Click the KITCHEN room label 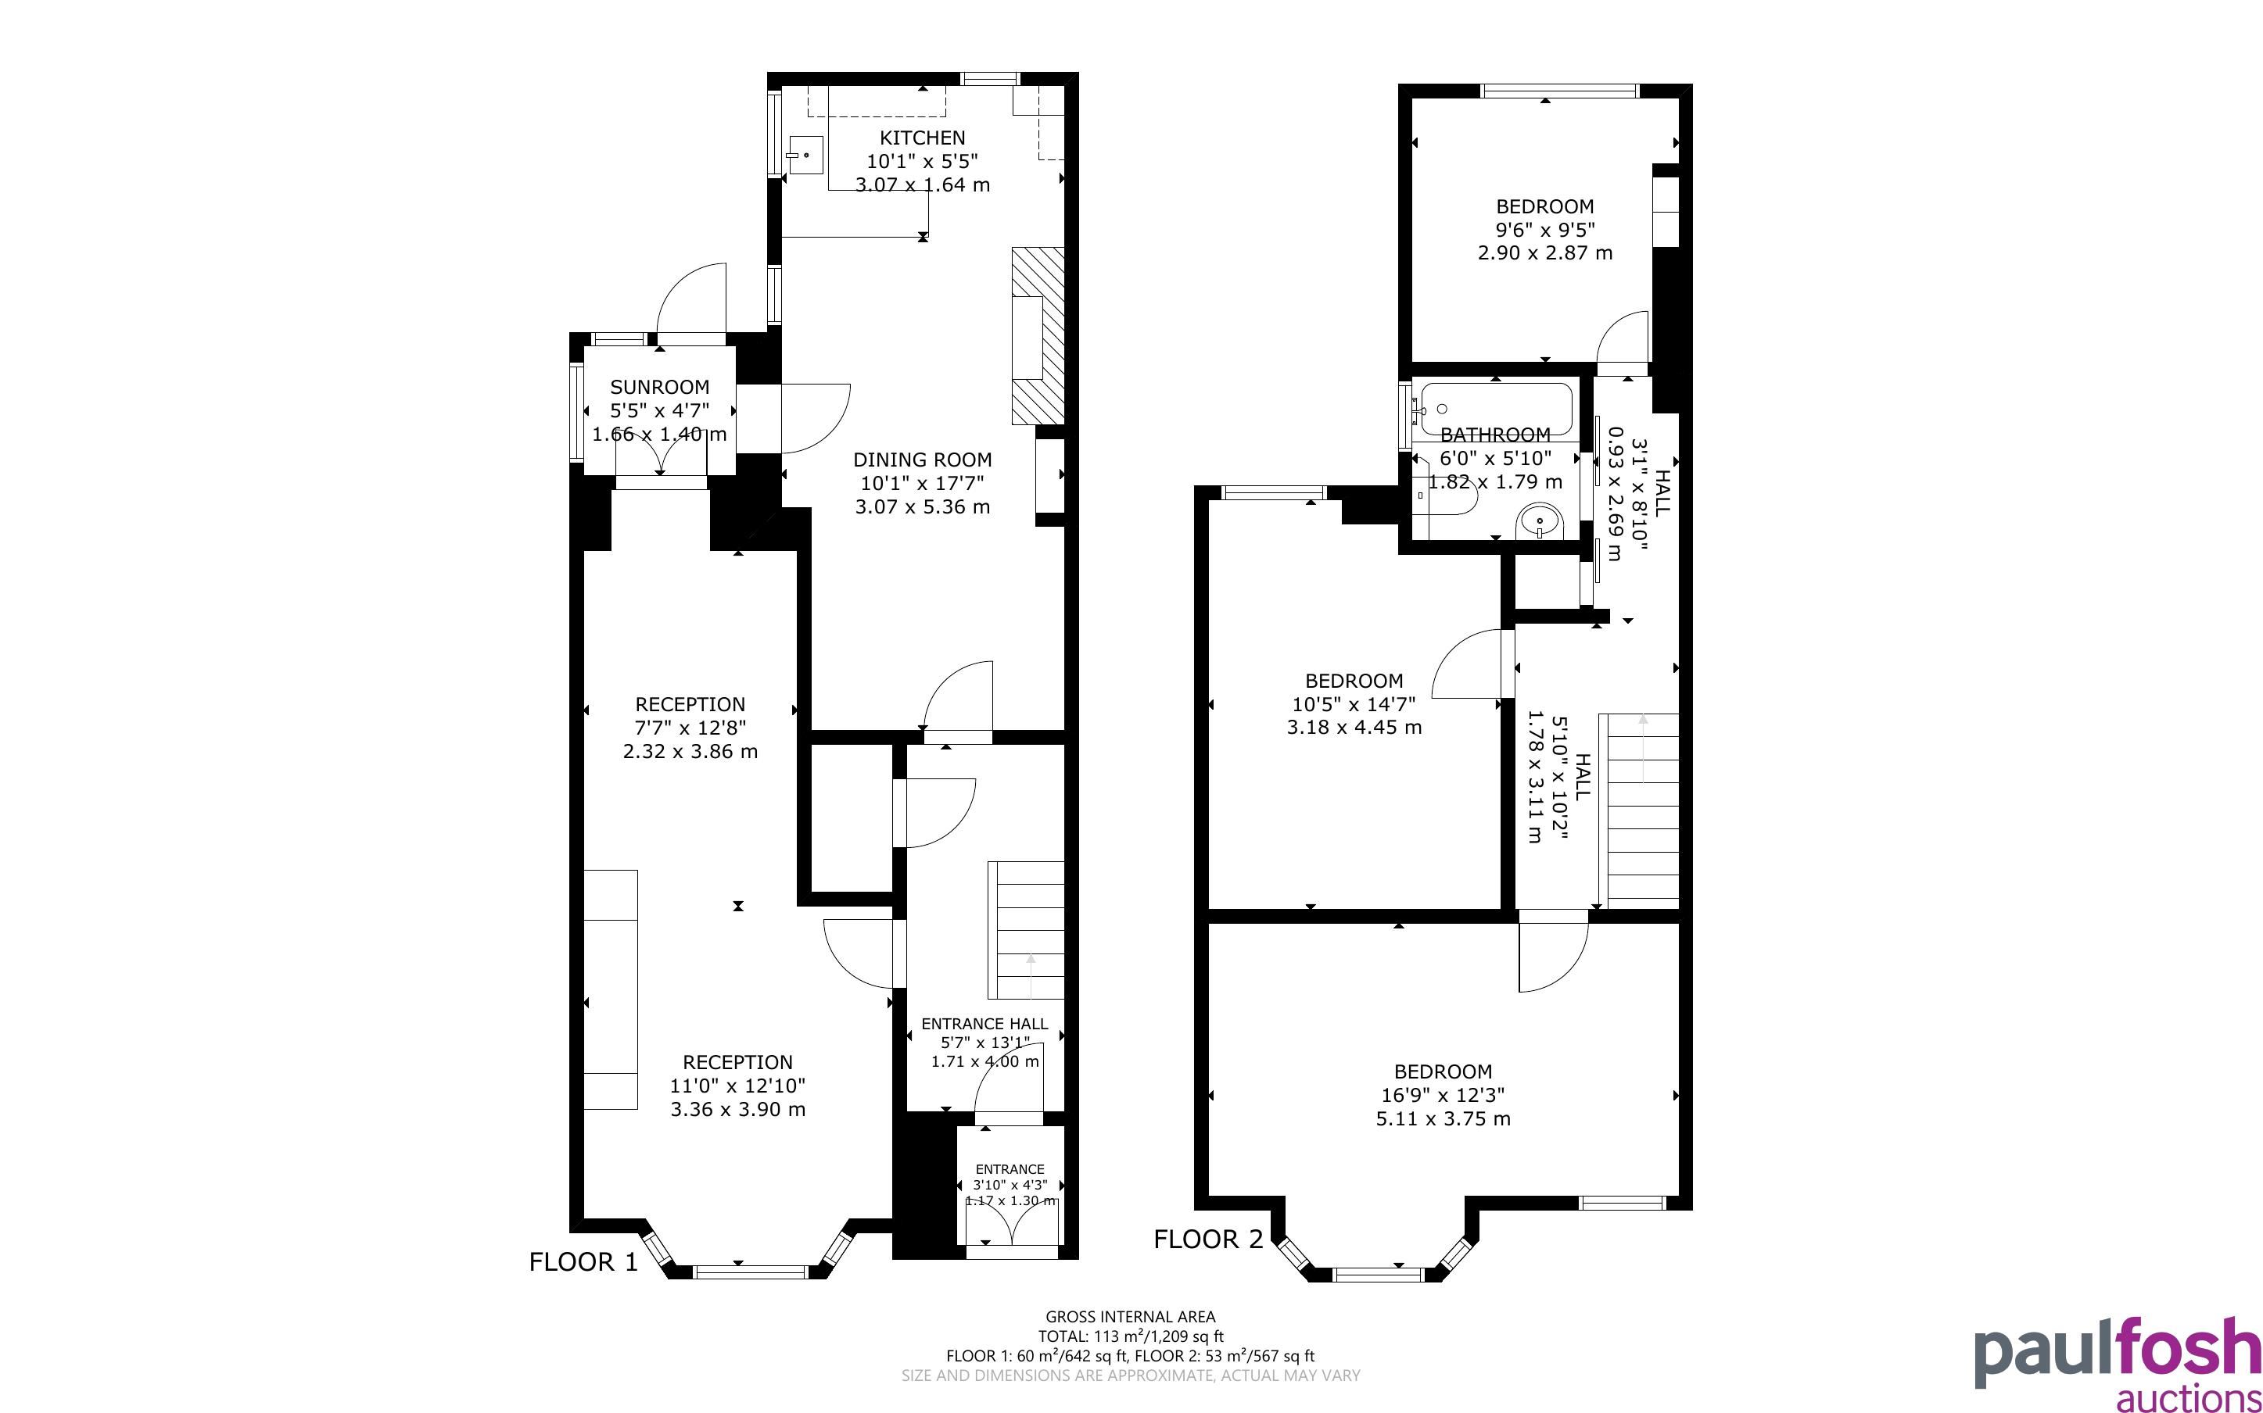coord(922,138)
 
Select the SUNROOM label coord(659,387)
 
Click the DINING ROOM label coord(922,460)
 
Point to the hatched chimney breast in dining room coord(1038,335)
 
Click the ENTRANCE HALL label coord(984,1023)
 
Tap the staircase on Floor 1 coord(1027,930)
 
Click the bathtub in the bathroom coord(1493,409)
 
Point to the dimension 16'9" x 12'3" coord(1442,1095)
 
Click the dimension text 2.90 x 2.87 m coord(1545,252)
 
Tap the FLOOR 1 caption coord(583,1262)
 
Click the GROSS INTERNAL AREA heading coord(1130,1317)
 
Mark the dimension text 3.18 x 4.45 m coord(1354,727)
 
